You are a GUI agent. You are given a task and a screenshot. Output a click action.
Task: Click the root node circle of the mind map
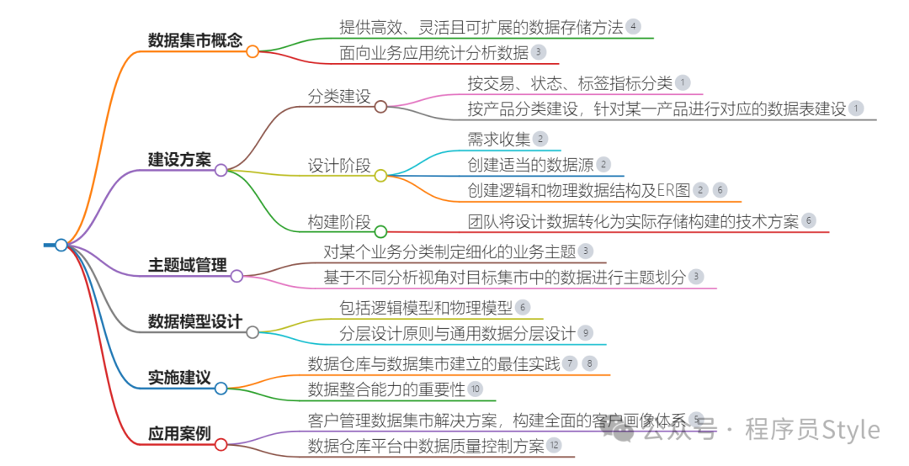tap(61, 245)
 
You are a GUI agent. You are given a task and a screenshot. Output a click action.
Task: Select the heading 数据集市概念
tap(194, 40)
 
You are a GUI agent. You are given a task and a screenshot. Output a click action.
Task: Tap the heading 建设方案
tap(179, 159)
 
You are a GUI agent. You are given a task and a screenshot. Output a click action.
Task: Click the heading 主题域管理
tap(187, 265)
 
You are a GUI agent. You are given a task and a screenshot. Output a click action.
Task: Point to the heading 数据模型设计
tap(194, 321)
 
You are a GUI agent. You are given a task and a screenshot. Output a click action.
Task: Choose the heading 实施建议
tap(179, 378)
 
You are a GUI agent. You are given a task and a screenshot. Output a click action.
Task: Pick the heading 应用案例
tap(179, 434)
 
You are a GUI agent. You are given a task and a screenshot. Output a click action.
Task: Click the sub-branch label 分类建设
tap(339, 96)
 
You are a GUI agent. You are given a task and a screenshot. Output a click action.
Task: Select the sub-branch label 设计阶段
tap(339, 166)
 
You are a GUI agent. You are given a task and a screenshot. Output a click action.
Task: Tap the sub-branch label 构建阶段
tap(339, 221)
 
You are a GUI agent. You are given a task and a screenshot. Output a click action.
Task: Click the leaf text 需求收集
tap(499, 139)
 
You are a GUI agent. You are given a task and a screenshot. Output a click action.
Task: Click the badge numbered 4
tap(633, 27)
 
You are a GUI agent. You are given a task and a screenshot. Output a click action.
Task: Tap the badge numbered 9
tap(586, 333)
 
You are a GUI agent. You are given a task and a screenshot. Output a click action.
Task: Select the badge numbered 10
tap(475, 389)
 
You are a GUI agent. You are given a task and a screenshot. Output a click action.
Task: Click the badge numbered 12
tap(554, 445)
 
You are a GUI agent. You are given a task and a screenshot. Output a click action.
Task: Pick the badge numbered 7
tap(571, 363)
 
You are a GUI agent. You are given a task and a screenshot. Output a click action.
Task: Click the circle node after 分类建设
tap(380, 107)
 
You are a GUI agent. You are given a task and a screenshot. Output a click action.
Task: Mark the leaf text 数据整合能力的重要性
tap(386, 389)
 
